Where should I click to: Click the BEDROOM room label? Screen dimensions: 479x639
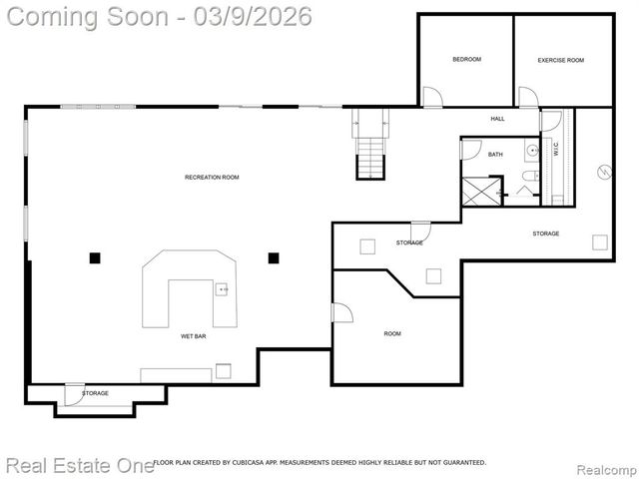pos(466,60)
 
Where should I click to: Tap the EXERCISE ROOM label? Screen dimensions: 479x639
pos(560,60)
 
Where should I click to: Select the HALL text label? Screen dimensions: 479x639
pos(497,119)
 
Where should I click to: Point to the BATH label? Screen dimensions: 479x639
pos(495,154)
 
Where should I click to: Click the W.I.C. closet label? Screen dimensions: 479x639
pos(556,150)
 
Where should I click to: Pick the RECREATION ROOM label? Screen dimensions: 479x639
pos(212,178)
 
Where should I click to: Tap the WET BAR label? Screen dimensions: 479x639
pos(194,337)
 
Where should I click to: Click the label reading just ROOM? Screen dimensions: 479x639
pos(392,333)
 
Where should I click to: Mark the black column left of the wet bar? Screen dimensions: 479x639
pos(95,257)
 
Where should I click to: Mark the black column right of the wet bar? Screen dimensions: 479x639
pos(273,257)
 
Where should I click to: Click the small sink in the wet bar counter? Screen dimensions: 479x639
pos(222,289)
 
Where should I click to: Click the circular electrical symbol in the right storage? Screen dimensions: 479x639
pos(603,171)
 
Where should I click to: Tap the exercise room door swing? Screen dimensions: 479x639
pos(527,97)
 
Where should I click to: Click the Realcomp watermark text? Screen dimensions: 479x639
pos(605,464)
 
